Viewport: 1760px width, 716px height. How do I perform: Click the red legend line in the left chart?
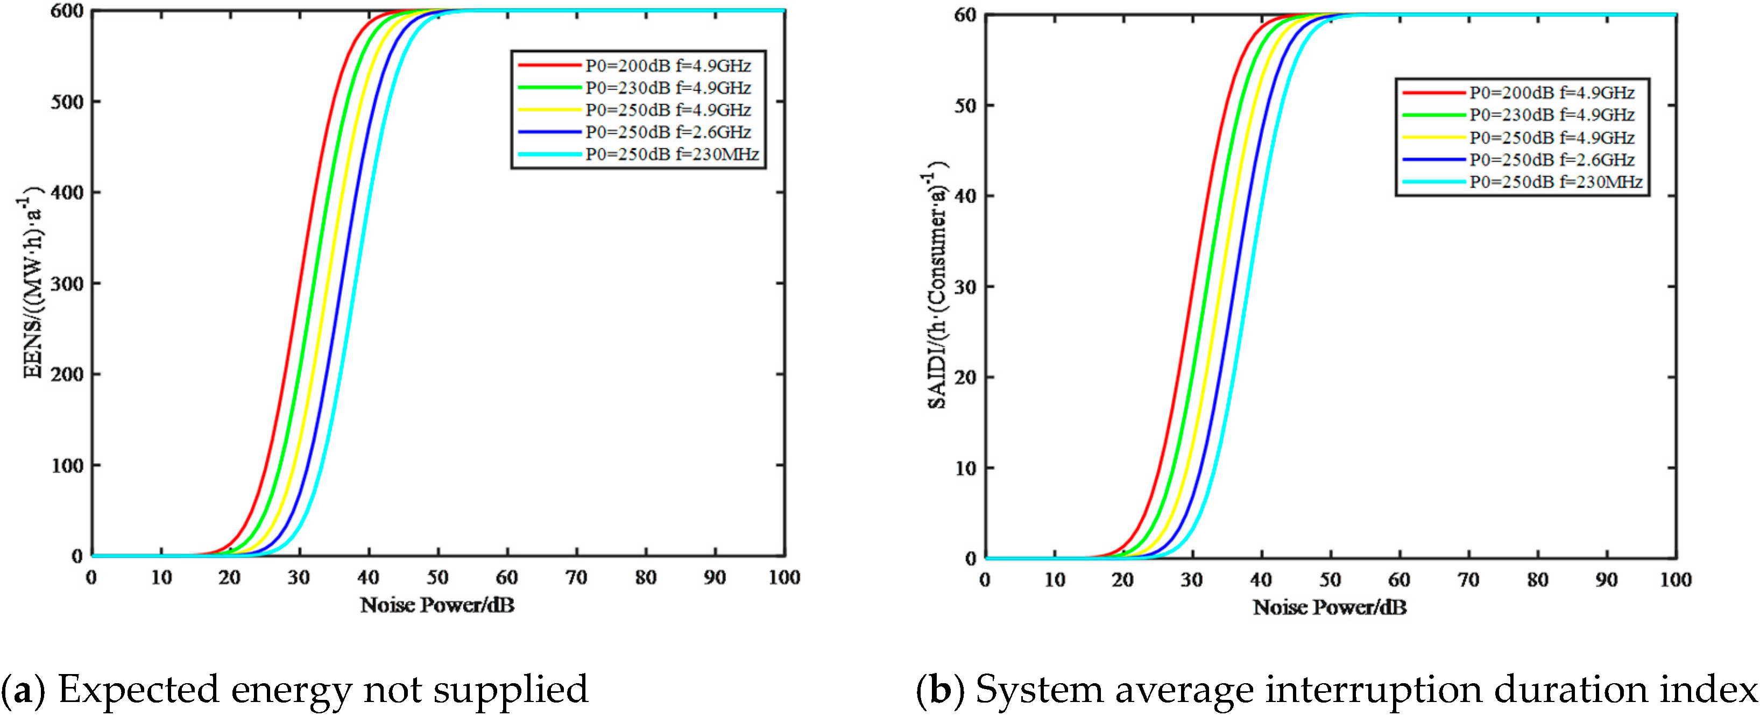tap(549, 66)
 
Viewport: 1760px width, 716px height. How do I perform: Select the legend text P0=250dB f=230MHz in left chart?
tap(672, 154)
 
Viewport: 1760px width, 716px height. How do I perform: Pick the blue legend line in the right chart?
tap(1433, 160)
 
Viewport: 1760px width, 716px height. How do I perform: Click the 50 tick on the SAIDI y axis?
tap(965, 106)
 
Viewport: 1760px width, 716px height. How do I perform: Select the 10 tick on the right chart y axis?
tap(965, 469)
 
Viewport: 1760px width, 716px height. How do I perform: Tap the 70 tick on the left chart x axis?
tap(576, 578)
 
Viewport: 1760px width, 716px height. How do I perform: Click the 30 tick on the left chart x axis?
tap(299, 578)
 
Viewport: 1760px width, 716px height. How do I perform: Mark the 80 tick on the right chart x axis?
tap(1537, 580)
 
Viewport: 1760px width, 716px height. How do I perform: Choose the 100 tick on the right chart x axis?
tap(1676, 580)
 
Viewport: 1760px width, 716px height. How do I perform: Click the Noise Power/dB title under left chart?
tap(437, 605)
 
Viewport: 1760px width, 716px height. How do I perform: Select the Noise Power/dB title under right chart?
tap(1330, 607)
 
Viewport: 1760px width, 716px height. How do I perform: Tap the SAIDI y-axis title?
tap(937, 283)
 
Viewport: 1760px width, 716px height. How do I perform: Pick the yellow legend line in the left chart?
tap(549, 110)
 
